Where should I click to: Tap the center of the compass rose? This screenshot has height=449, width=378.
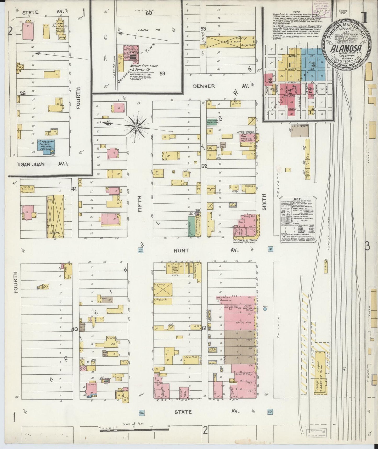pos(136,127)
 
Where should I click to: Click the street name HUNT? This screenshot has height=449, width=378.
pos(182,250)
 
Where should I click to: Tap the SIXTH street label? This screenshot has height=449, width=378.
pos(264,202)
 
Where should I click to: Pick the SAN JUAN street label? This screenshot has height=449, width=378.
pos(33,165)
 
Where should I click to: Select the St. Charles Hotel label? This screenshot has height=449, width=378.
pos(245,240)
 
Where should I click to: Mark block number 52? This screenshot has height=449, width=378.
pos(204,166)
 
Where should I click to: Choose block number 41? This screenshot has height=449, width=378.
pos(74,189)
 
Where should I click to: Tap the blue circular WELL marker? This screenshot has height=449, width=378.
pos(265,309)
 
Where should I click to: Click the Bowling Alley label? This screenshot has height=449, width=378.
pos(243,323)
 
